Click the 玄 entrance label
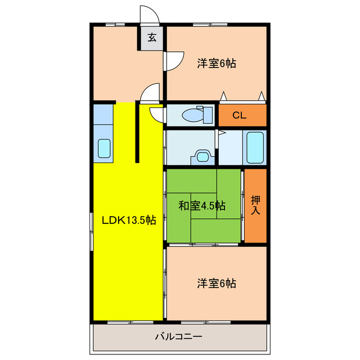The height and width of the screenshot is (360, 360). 152,38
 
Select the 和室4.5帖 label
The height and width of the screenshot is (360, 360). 202,206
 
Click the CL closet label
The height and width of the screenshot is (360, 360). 239,116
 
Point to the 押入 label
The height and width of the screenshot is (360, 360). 256,205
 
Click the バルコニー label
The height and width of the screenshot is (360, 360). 178,337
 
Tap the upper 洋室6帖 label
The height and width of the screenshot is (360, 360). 216,64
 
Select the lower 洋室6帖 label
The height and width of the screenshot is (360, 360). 216,283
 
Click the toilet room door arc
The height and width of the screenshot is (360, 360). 157,114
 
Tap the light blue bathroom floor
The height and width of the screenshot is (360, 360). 231,148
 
